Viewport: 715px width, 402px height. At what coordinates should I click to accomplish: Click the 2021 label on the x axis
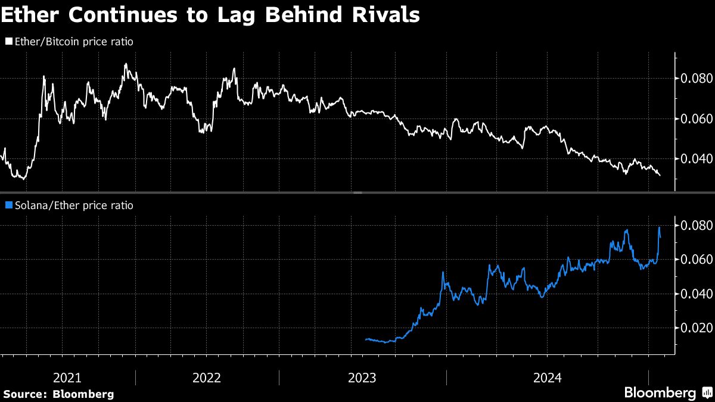(67, 378)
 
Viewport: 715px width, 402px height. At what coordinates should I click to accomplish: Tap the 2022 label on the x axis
(207, 378)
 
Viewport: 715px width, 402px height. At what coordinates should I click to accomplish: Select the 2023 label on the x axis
(362, 378)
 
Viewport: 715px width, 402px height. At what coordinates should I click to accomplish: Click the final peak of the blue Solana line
(660, 228)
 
